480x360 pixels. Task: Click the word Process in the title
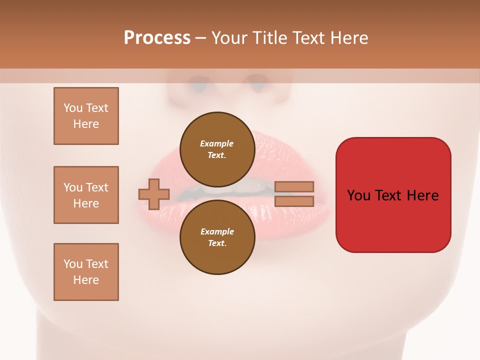point(157,37)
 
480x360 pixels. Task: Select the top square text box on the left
point(86,116)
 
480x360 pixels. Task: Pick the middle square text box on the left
point(86,195)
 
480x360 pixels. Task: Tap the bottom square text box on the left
point(86,272)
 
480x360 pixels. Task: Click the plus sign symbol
point(154,194)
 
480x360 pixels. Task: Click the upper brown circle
point(217,149)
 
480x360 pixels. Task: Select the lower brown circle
point(217,237)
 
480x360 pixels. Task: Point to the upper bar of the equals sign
point(294,187)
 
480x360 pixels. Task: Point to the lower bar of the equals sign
point(294,201)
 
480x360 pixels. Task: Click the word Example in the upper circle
point(217,143)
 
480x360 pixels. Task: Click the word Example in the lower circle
point(217,231)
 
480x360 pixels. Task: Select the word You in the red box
point(359,195)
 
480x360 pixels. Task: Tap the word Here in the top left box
point(86,124)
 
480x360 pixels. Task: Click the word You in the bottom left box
point(73,264)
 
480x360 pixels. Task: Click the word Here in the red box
point(422,195)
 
